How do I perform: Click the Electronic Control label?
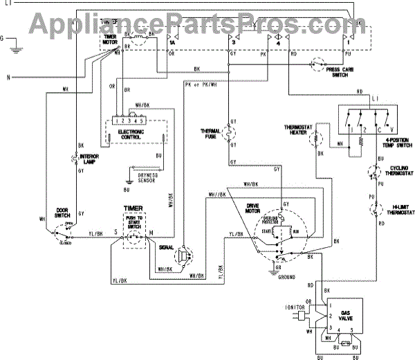coord(131,134)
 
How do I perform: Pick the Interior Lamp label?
coord(92,159)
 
